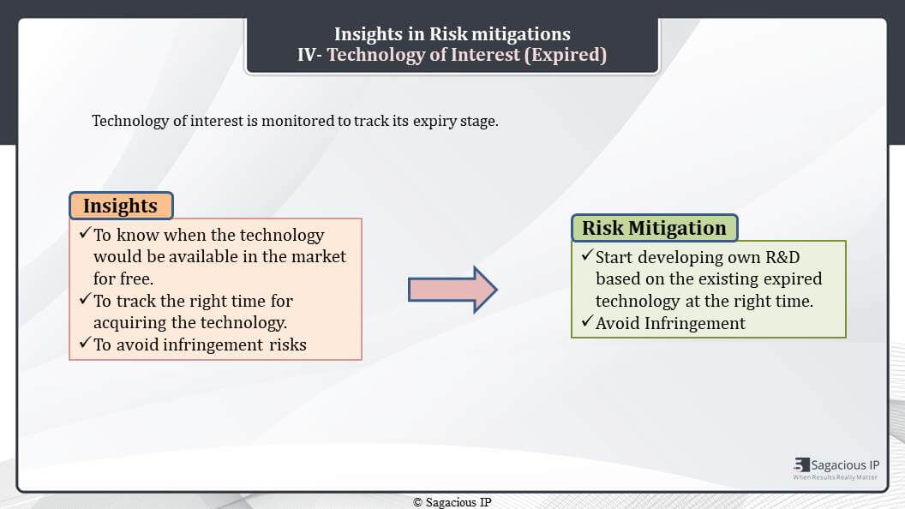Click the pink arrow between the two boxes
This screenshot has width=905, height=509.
click(x=452, y=290)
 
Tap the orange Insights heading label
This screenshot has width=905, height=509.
click(x=121, y=206)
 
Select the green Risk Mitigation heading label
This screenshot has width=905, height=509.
click(x=655, y=228)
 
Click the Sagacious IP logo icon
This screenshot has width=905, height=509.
click(x=801, y=464)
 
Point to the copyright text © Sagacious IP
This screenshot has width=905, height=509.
click(x=452, y=502)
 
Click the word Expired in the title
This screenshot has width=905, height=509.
click(x=568, y=54)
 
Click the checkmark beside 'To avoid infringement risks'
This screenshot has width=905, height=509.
click(x=86, y=343)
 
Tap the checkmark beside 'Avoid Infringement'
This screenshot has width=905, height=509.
click(x=588, y=320)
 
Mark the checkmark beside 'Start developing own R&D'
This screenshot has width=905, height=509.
click(x=588, y=255)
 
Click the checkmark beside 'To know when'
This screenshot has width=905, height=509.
click(x=86, y=232)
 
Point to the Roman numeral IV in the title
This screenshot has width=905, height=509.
click(x=307, y=55)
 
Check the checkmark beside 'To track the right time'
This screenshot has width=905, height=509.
click(x=86, y=298)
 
